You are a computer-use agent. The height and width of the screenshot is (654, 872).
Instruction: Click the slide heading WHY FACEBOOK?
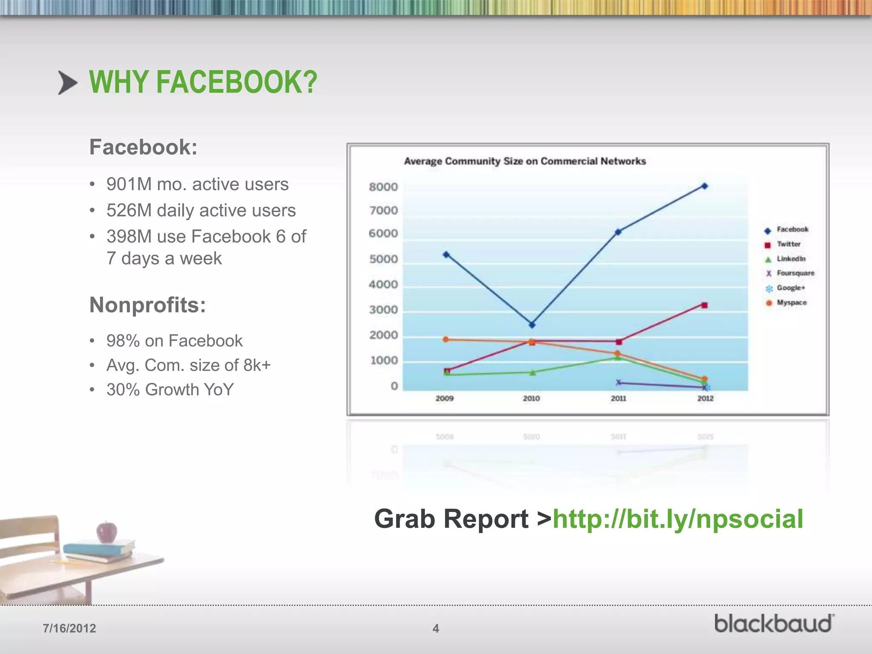click(203, 82)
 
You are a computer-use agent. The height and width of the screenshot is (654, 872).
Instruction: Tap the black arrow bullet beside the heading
click(68, 83)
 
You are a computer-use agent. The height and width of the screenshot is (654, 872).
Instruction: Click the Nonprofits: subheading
click(147, 305)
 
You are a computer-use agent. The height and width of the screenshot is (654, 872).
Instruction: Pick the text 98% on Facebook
click(174, 341)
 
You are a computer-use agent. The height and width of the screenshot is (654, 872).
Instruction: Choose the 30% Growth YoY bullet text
click(170, 390)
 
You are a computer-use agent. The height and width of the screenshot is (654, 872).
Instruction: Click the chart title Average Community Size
click(525, 161)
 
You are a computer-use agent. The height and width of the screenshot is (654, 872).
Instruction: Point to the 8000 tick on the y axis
click(383, 187)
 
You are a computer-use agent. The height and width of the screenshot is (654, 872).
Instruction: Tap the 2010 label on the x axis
click(531, 399)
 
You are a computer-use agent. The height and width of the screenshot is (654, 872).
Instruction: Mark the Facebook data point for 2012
click(705, 186)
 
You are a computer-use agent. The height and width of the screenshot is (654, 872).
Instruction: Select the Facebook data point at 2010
click(532, 325)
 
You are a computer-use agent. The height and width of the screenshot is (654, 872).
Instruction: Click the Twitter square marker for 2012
click(705, 305)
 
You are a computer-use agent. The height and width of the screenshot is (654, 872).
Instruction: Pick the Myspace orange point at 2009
click(446, 339)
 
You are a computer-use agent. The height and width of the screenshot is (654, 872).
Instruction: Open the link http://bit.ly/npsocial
click(677, 519)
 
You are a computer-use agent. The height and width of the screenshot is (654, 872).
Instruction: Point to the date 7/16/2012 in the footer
click(69, 628)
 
